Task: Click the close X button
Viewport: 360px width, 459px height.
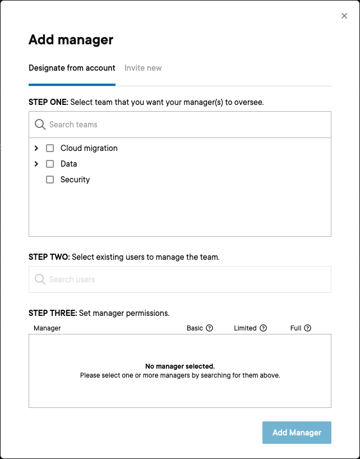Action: click(344, 16)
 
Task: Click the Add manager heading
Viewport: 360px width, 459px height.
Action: click(71, 40)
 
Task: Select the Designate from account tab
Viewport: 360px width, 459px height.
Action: click(72, 68)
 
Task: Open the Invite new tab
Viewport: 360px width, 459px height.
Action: click(143, 68)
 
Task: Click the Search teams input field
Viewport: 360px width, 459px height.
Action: click(185, 125)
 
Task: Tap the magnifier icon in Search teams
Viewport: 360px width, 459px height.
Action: click(40, 125)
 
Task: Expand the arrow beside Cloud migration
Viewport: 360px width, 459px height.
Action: click(36, 148)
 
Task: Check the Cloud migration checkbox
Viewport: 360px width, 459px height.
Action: click(50, 148)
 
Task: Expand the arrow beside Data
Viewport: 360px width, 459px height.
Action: click(36, 164)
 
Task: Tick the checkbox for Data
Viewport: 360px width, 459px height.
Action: click(50, 164)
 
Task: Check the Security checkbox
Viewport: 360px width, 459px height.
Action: click(50, 180)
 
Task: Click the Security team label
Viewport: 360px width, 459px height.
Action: click(75, 180)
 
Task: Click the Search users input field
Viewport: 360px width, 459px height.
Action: click(185, 279)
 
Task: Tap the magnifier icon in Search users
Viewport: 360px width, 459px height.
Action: click(40, 279)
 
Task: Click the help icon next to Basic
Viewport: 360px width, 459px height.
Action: click(210, 328)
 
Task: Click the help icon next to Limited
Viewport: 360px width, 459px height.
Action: click(263, 328)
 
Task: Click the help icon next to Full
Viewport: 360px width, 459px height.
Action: click(307, 328)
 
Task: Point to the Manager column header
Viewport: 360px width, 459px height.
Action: click(47, 328)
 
